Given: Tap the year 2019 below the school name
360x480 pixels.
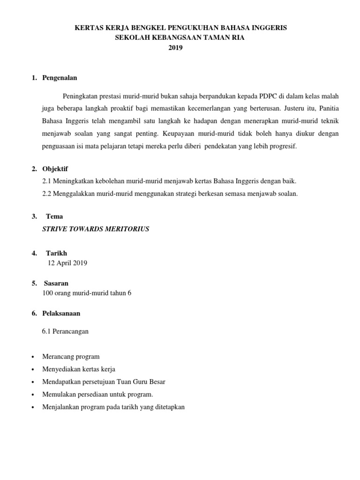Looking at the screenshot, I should (180, 47).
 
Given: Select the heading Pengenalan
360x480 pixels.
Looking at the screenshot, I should (60, 77).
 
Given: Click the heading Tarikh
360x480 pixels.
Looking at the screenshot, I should (56, 253).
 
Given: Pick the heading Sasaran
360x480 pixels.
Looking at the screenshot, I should (56, 283).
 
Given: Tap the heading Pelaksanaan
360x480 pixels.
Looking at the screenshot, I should (61, 313).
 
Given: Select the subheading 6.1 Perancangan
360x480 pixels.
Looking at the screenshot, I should (65, 331).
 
